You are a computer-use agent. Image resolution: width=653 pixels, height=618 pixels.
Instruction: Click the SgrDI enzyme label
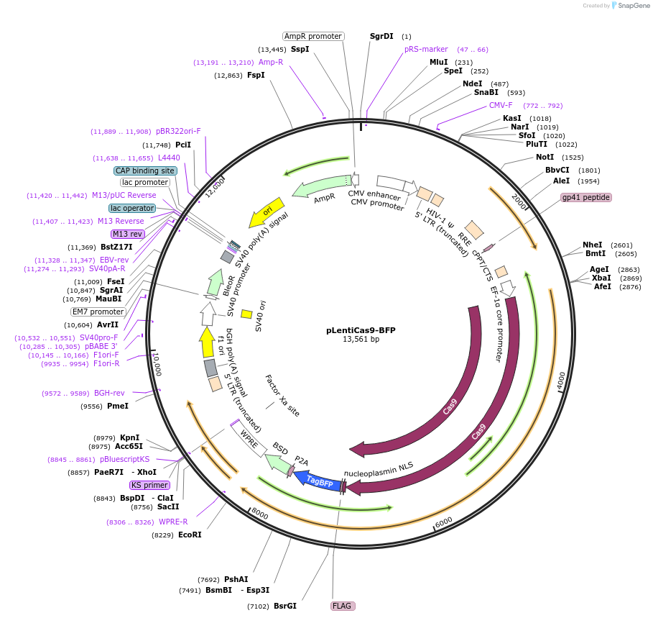[381, 36]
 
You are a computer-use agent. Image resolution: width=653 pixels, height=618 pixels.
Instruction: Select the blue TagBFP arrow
[319, 480]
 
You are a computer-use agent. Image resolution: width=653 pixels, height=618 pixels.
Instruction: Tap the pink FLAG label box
[342, 606]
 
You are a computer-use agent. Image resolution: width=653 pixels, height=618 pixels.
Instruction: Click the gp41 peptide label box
[586, 197]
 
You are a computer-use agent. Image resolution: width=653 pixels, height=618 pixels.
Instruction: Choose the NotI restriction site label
[545, 157]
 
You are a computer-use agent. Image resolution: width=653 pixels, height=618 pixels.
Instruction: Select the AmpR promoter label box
[313, 36]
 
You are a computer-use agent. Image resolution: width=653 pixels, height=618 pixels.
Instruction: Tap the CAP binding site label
[144, 171]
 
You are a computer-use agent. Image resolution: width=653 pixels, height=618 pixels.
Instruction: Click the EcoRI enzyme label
[190, 535]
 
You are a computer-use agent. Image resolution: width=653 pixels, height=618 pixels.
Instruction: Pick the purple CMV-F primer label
[501, 105]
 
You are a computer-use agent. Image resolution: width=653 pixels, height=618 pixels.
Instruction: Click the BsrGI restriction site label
[285, 606]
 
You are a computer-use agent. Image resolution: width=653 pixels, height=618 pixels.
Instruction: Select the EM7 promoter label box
[98, 312]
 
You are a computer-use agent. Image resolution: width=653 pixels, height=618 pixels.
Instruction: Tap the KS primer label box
[149, 485]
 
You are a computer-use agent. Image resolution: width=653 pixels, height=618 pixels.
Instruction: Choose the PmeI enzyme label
[117, 406]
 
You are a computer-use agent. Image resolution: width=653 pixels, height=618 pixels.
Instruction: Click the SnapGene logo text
[632, 6]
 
